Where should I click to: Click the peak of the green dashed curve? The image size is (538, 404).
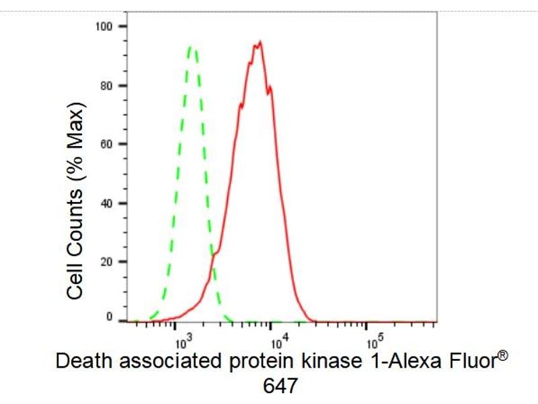pyautogui.click(x=192, y=46)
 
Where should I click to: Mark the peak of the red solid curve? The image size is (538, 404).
pyautogui.click(x=259, y=42)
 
